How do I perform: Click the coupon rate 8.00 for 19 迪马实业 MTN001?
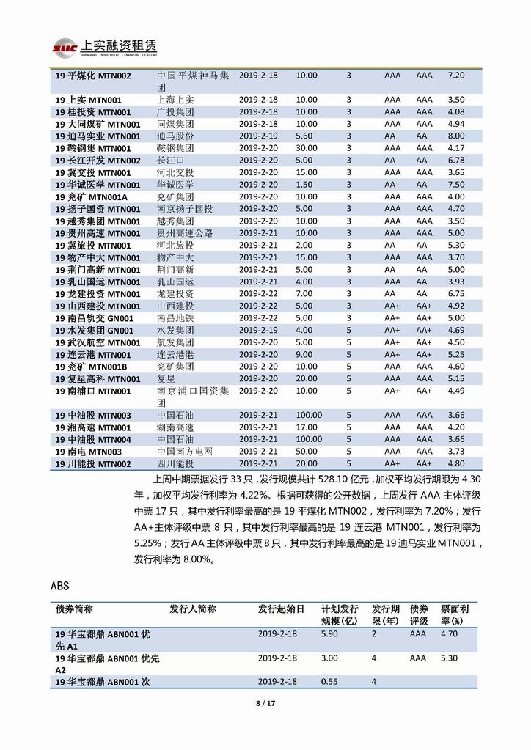456,136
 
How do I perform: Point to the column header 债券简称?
74,609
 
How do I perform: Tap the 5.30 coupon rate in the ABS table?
449,658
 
